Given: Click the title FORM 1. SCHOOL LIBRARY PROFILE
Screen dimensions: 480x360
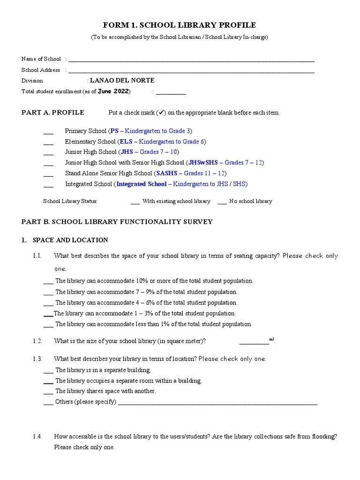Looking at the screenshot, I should (x=180, y=25).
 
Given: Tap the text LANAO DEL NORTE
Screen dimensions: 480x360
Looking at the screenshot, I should (x=122, y=81).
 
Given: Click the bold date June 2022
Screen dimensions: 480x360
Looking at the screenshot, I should (x=114, y=91).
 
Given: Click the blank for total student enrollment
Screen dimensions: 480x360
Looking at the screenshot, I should (x=171, y=93).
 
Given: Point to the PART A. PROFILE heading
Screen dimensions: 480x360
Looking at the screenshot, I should (x=53, y=112).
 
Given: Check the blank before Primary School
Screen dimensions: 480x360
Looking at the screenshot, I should (x=48, y=132).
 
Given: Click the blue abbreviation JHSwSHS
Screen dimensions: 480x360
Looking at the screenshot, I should (x=204, y=163).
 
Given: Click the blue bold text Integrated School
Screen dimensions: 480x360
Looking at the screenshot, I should (x=141, y=184).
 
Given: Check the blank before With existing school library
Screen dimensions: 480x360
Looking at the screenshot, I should (x=135, y=202).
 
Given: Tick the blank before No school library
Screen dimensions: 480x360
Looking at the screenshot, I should (x=222, y=202).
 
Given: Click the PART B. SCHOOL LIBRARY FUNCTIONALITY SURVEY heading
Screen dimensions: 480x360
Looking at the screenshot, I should (x=117, y=222).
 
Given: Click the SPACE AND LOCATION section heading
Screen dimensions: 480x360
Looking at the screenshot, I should (x=70, y=240).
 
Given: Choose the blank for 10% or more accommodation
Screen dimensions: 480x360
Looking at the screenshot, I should (x=48, y=282).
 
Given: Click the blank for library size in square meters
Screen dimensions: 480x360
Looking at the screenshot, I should (x=254, y=343).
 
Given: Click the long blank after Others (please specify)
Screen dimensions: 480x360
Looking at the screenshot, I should (x=217, y=403).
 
